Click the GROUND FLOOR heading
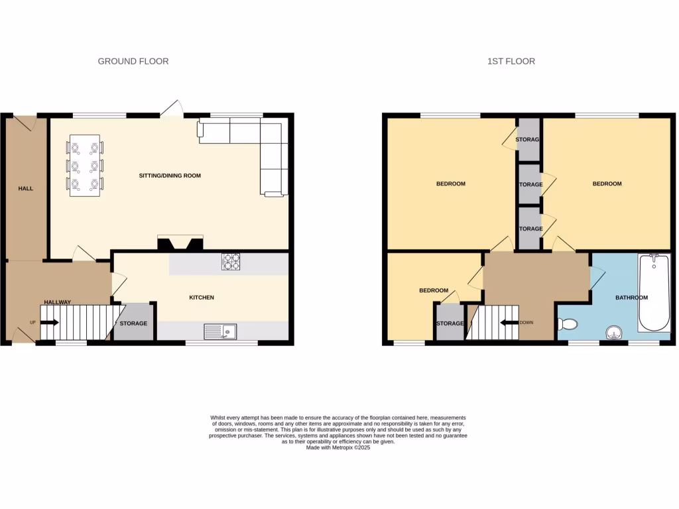click(133, 61)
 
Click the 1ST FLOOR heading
click(511, 61)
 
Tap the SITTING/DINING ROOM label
click(170, 176)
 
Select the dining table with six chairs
click(85, 165)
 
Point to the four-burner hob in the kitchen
click(231, 262)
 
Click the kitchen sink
click(220, 330)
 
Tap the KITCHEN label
click(202, 298)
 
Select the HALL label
click(26, 189)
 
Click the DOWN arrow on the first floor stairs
click(509, 323)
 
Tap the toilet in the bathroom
click(567, 324)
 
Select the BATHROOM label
click(631, 298)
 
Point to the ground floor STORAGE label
click(133, 323)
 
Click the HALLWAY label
click(57, 302)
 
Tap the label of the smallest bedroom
click(434, 290)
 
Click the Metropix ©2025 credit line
click(338, 448)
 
